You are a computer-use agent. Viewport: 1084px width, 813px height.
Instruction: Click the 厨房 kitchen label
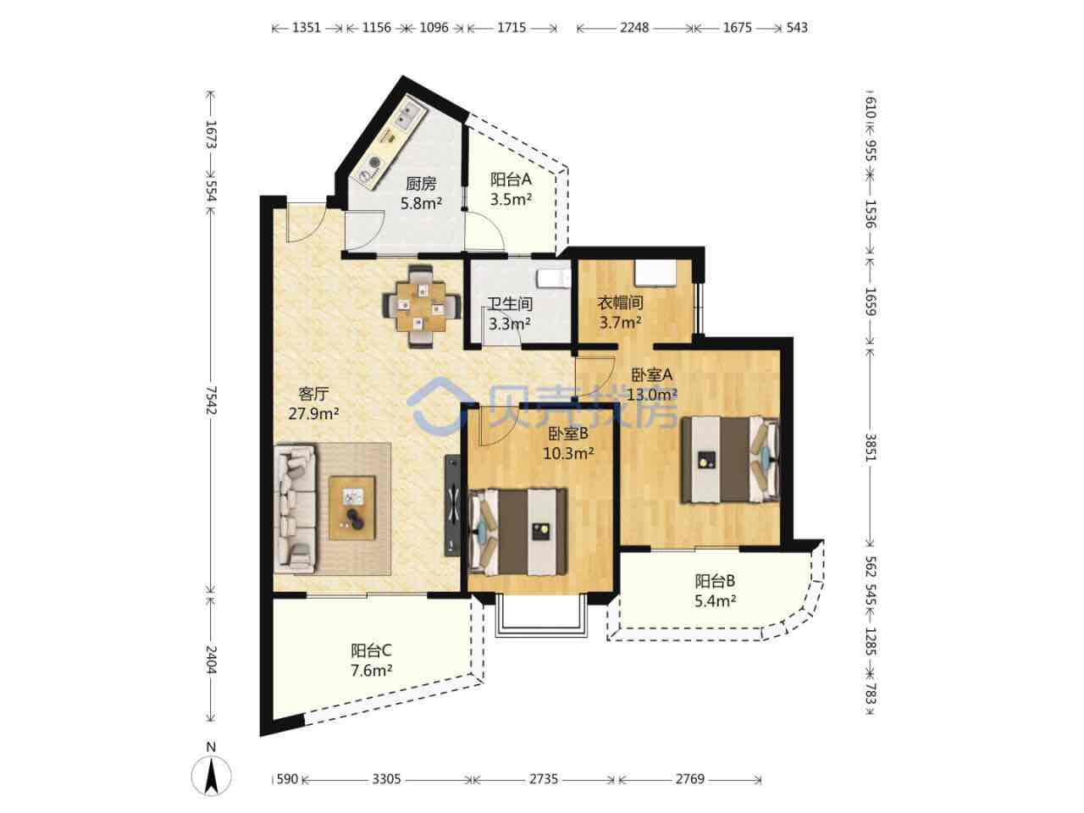click(x=421, y=184)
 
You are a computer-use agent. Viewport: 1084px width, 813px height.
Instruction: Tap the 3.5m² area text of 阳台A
click(x=511, y=199)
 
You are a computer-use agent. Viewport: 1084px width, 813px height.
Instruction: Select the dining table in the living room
click(x=421, y=307)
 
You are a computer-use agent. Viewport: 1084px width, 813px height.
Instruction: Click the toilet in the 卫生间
click(x=554, y=278)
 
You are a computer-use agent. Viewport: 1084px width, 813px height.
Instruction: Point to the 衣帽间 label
click(x=620, y=303)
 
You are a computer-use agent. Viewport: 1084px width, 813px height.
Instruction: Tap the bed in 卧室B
click(x=517, y=532)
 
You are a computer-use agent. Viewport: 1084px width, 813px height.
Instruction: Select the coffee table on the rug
click(x=352, y=508)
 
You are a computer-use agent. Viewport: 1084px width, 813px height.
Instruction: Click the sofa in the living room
click(x=295, y=509)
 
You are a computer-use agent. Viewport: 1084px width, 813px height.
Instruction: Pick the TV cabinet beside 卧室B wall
click(x=452, y=506)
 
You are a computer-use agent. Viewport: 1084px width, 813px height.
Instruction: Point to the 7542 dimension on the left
click(x=211, y=401)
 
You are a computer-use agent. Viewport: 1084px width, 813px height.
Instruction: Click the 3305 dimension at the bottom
click(x=386, y=779)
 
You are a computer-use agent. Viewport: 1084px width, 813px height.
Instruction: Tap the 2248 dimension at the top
click(x=634, y=28)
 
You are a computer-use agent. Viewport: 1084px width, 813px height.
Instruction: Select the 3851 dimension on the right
click(x=871, y=447)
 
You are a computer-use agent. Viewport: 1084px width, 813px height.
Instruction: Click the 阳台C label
click(x=372, y=650)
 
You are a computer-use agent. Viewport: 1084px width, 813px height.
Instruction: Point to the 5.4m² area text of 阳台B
click(x=716, y=601)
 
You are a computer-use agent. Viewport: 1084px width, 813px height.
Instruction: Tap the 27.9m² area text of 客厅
click(x=313, y=413)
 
